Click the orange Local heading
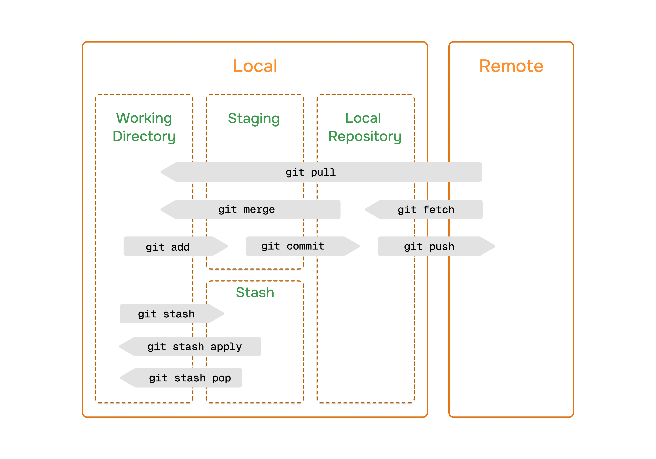[x=255, y=66]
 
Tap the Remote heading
[x=511, y=66]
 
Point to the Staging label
[x=254, y=119]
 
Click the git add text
[x=168, y=247]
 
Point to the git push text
[x=429, y=246]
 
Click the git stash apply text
[x=195, y=347]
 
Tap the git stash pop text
[x=190, y=378]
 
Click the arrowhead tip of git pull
[x=161, y=172]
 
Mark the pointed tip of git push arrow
[x=495, y=246]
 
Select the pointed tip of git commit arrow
[x=360, y=246]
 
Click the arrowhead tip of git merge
[x=161, y=210]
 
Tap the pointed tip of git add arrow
[x=228, y=246]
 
